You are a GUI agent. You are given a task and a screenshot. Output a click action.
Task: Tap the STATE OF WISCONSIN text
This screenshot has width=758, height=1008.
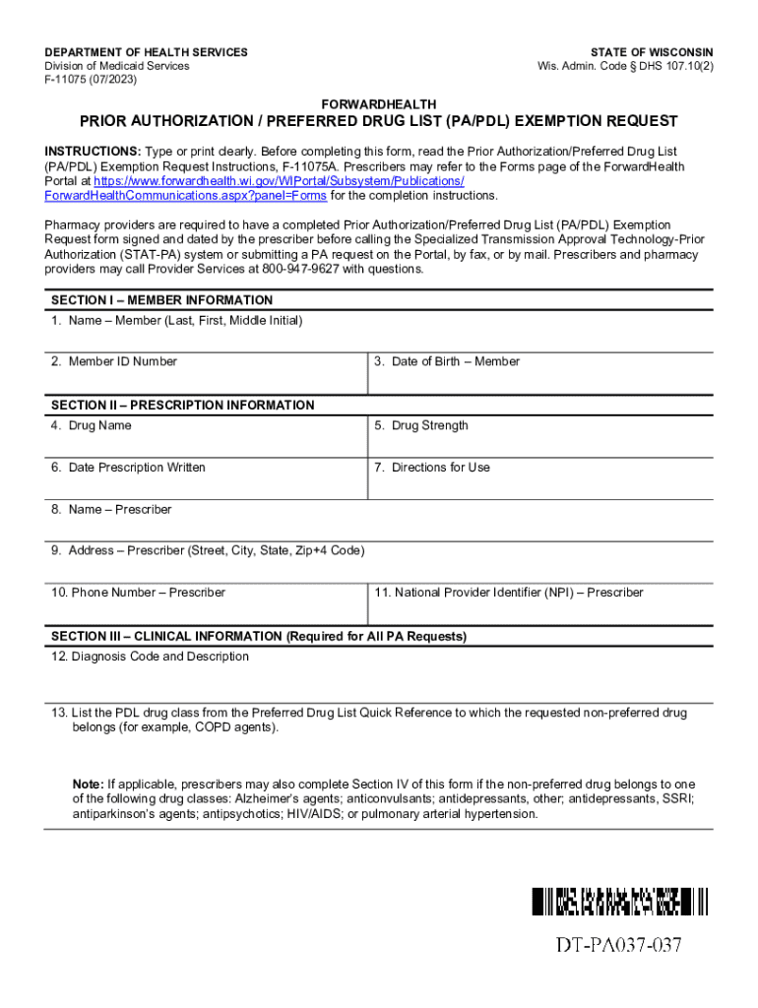click(x=652, y=52)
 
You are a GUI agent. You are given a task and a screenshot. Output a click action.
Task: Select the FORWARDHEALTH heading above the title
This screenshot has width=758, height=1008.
click(x=379, y=104)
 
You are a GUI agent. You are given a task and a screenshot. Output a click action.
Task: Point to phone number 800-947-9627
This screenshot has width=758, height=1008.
click(x=305, y=269)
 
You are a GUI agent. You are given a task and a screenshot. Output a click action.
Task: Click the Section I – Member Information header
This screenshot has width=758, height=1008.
click(x=161, y=300)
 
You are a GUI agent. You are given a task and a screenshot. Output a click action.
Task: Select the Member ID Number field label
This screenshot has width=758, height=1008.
click(x=114, y=361)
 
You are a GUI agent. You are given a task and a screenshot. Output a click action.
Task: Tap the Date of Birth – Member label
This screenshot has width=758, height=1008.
click(x=447, y=361)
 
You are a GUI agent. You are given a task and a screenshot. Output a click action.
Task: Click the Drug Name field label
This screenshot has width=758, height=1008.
click(x=92, y=425)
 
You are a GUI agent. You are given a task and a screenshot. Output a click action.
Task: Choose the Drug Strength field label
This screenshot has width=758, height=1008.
click(x=421, y=425)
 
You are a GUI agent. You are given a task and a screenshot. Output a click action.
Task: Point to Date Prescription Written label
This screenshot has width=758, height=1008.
click(x=128, y=468)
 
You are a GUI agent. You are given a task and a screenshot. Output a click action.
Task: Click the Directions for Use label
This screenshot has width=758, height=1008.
click(x=432, y=468)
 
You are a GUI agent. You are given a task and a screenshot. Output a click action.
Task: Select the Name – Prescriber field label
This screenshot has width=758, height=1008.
click(x=111, y=510)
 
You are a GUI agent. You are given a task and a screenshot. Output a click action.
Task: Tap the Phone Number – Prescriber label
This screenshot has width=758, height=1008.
click(x=138, y=593)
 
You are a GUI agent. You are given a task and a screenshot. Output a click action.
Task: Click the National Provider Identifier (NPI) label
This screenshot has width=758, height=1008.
click(x=509, y=593)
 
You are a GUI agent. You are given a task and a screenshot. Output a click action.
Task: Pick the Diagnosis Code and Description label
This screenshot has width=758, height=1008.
click(x=151, y=657)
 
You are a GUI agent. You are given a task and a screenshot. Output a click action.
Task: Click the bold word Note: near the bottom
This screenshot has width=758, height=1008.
click(x=88, y=785)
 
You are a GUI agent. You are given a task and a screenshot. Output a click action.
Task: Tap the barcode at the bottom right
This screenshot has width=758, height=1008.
click(x=619, y=901)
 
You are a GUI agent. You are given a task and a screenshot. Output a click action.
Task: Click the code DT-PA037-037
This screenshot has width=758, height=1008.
click(x=618, y=947)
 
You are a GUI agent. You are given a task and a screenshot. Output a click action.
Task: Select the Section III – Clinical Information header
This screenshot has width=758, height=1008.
click(x=258, y=637)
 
